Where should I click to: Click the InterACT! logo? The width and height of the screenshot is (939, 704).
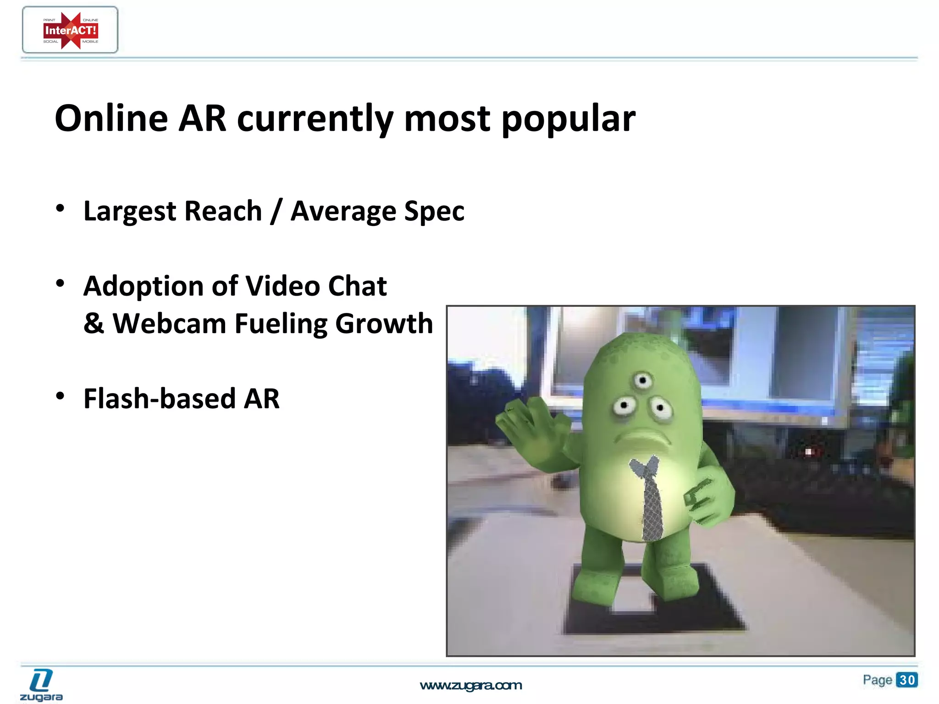tap(70, 30)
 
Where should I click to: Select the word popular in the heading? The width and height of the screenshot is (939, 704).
tap(569, 119)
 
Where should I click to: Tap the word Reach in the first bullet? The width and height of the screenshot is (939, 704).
tap(223, 211)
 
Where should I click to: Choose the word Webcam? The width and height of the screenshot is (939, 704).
tap(169, 324)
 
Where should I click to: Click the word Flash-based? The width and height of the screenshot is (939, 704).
tap(159, 398)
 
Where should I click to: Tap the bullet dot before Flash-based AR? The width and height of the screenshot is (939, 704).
tap(60, 396)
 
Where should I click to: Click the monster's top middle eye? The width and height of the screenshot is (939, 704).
tap(643, 380)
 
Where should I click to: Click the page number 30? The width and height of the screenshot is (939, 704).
tap(907, 679)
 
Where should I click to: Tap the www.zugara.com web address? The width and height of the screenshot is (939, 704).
tap(471, 685)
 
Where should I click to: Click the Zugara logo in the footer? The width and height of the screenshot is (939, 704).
tap(41, 685)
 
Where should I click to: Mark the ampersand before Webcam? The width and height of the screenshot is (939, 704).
tap(94, 324)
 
